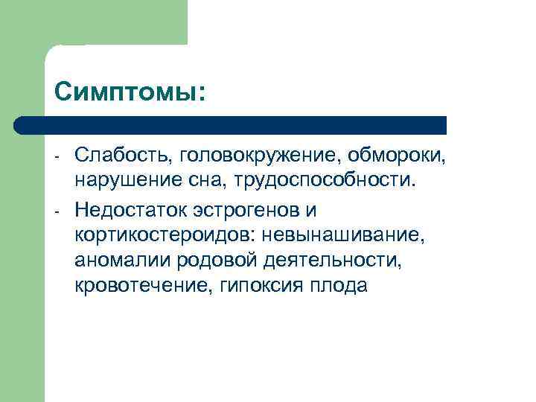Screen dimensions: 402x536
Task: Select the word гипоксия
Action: pyautogui.click(x=254, y=286)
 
